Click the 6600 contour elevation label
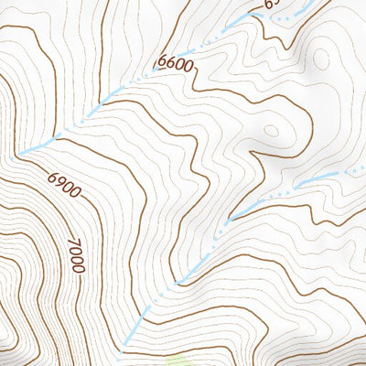coord(176,63)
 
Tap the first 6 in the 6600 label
coord(162,65)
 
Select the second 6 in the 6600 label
coord(171,64)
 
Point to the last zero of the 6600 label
coord(189,62)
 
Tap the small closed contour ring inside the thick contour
coord(272,131)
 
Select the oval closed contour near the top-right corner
coord(322,57)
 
